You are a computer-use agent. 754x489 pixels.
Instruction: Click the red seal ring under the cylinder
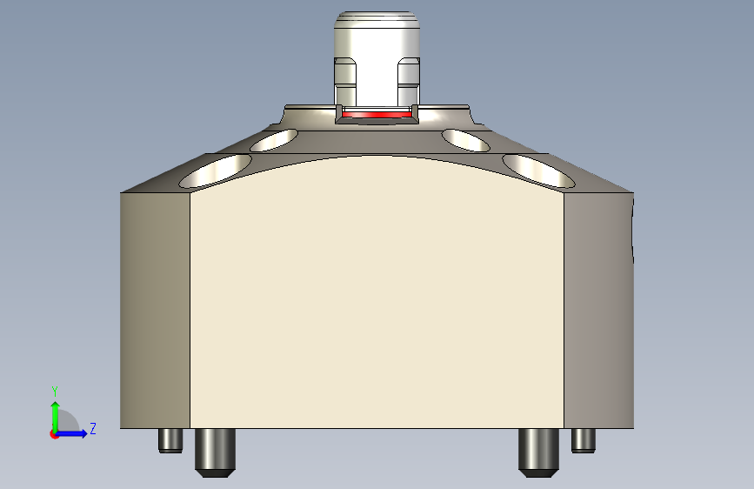[x=376, y=115]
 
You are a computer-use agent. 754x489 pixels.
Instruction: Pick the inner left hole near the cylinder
[x=274, y=140]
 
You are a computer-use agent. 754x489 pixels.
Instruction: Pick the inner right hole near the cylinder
[x=466, y=139]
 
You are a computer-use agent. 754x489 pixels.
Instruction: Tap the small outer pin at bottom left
[x=170, y=440]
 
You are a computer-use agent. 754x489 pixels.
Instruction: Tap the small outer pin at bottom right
[x=583, y=440]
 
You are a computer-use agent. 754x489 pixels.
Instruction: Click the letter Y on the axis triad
[x=54, y=391]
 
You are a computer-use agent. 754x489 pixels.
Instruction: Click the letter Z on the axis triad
[x=92, y=428]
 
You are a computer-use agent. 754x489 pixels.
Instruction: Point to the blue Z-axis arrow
[x=73, y=432]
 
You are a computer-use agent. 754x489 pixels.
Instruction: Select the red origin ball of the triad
[x=54, y=433]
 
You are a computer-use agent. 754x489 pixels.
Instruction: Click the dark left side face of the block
[x=155, y=309]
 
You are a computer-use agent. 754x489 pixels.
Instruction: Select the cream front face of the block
[x=377, y=296]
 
